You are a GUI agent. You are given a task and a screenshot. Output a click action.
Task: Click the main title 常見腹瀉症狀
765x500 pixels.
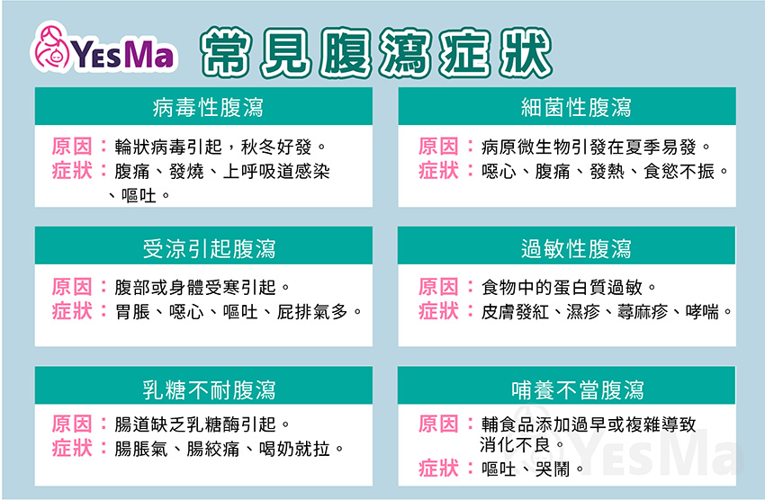[x=376, y=53]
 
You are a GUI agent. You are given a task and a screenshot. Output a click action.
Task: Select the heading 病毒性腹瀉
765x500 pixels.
[x=208, y=107]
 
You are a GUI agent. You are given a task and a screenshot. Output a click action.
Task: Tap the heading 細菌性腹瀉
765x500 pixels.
[x=576, y=107]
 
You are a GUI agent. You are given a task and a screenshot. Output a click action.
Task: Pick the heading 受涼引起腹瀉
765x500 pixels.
[x=209, y=248]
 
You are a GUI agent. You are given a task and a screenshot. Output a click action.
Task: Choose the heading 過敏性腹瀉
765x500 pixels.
[x=576, y=248]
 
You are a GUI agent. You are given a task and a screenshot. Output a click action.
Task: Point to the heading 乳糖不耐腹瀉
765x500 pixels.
[x=209, y=390]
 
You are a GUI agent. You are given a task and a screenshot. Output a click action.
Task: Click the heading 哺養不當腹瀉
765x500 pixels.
[x=578, y=390]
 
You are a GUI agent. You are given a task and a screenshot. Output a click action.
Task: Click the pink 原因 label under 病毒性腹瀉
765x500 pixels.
[x=72, y=147]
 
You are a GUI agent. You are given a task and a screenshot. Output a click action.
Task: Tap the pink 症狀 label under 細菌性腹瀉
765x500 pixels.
[x=438, y=171]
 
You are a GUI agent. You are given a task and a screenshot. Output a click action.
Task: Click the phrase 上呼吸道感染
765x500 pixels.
[x=276, y=171]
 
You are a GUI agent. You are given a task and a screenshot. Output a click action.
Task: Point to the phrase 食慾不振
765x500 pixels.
[x=679, y=171]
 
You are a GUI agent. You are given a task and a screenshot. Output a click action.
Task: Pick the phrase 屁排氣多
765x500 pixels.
[x=312, y=312]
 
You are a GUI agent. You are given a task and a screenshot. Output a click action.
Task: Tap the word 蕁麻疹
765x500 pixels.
[x=643, y=312]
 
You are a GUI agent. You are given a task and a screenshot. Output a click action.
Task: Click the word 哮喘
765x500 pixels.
[x=702, y=312]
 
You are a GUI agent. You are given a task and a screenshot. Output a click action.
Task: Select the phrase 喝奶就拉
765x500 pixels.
[x=294, y=449]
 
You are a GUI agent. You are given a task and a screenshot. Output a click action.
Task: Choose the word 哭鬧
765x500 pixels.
[x=553, y=469]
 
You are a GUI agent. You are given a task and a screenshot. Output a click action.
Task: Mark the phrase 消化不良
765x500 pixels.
[x=515, y=444]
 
